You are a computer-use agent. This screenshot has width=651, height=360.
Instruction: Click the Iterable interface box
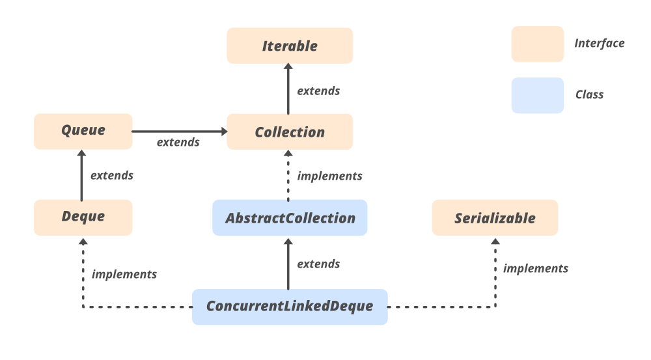coord(290,46)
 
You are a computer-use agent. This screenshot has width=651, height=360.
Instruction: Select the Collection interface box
coord(290,132)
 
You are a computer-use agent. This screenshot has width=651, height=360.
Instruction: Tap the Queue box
coord(83,130)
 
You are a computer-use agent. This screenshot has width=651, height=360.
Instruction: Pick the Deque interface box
coord(83,217)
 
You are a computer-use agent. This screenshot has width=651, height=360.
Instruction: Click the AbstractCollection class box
coord(290,217)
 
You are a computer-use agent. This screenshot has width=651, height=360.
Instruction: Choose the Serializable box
coord(495,217)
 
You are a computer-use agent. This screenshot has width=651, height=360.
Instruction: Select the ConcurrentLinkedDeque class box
coord(290,306)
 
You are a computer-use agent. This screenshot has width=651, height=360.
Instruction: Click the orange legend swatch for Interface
coord(537,44)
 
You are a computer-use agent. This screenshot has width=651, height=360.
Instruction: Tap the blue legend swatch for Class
coord(537,95)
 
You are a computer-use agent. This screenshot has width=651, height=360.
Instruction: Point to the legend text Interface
coord(599,44)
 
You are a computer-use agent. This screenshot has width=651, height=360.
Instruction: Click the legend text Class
coord(589,94)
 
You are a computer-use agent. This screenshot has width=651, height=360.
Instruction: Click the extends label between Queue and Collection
coord(178,142)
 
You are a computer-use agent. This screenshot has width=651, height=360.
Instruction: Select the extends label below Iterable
coord(318,91)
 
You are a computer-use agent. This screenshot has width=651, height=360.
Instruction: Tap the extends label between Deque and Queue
coord(111,175)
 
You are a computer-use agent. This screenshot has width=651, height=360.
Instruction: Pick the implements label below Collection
coord(329,176)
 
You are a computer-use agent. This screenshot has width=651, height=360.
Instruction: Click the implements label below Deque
coord(124,274)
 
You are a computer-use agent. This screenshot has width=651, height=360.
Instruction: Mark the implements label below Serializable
coord(535,268)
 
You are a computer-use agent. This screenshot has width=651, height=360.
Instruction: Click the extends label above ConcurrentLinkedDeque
coord(318,264)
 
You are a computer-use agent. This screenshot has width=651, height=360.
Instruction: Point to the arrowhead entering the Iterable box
coord(288,67)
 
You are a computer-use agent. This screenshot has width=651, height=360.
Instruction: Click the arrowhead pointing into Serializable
coord(495,240)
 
